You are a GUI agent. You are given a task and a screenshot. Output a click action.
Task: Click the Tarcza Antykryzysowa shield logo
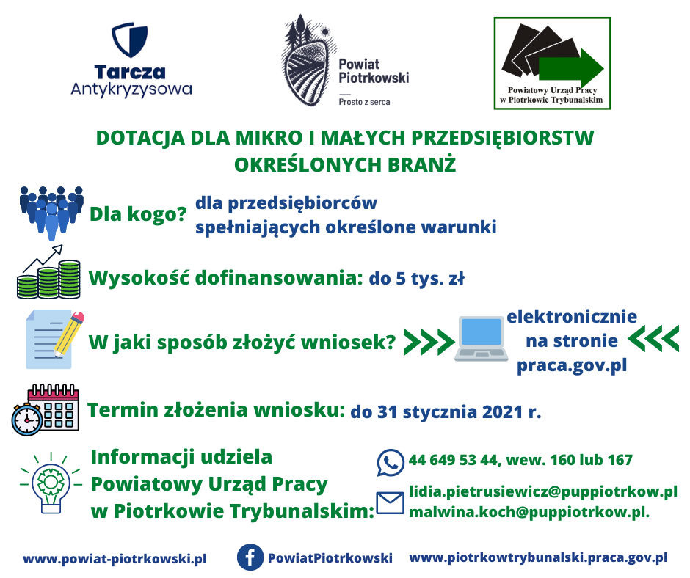pyautogui.click(x=129, y=40)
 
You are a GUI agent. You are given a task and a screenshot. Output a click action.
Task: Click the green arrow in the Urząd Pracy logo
pyautogui.click(x=571, y=68)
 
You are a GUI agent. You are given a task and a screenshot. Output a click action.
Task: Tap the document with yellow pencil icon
pyautogui.click(x=54, y=339)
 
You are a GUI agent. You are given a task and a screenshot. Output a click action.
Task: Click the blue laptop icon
pyautogui.click(x=481, y=339)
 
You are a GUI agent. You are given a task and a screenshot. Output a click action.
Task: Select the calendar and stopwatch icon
pyautogui.click(x=45, y=410)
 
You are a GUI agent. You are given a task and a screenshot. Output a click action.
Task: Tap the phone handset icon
pyautogui.click(x=391, y=462)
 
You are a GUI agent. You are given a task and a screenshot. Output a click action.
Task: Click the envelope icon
pyautogui.click(x=390, y=503)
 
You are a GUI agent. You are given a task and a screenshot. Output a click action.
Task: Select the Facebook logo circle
pyautogui.click(x=250, y=557)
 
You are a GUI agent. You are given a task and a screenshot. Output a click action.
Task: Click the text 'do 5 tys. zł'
pyautogui.click(x=416, y=279)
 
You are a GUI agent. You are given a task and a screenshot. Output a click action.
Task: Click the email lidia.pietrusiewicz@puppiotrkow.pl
pyautogui.click(x=543, y=491)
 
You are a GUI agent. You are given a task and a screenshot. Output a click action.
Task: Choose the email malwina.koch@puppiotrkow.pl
pyautogui.click(x=529, y=512)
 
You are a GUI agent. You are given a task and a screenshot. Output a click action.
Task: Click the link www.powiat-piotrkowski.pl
pyautogui.click(x=115, y=559)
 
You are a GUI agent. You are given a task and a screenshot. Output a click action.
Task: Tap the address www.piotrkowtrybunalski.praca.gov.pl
pyautogui.click(x=538, y=557)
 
